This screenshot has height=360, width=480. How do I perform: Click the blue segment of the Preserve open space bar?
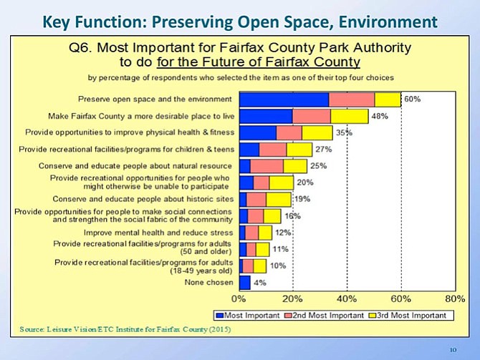tap(284, 99)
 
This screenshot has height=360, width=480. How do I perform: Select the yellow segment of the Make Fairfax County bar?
tap(350, 116)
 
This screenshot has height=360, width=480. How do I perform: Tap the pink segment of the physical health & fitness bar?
tap(289, 133)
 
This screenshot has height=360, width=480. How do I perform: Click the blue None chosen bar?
tap(245, 283)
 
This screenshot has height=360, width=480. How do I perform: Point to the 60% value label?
tap(413, 99)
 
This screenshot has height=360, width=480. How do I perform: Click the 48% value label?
tap(380, 116)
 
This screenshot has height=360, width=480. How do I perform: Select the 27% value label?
tap(324, 150)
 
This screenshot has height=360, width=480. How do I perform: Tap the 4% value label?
tap(260, 283)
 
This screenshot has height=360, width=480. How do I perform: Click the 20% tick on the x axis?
tap(292, 299)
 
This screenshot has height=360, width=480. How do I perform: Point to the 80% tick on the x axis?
tap(455, 299)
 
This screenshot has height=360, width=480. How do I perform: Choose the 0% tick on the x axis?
tap(239, 299)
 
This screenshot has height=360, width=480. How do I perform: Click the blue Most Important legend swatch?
tap(220, 316)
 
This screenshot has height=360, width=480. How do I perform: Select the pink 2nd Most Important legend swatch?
tap(289, 316)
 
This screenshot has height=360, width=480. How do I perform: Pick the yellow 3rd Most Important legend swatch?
tap(373, 316)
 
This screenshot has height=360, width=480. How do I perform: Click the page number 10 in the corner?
tap(453, 349)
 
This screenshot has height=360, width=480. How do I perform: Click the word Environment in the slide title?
tap(388, 22)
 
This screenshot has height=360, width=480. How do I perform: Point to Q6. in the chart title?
tap(80, 48)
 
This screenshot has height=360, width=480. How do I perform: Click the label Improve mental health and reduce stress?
tap(158, 233)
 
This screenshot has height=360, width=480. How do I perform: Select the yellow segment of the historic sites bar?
tap(279, 200)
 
